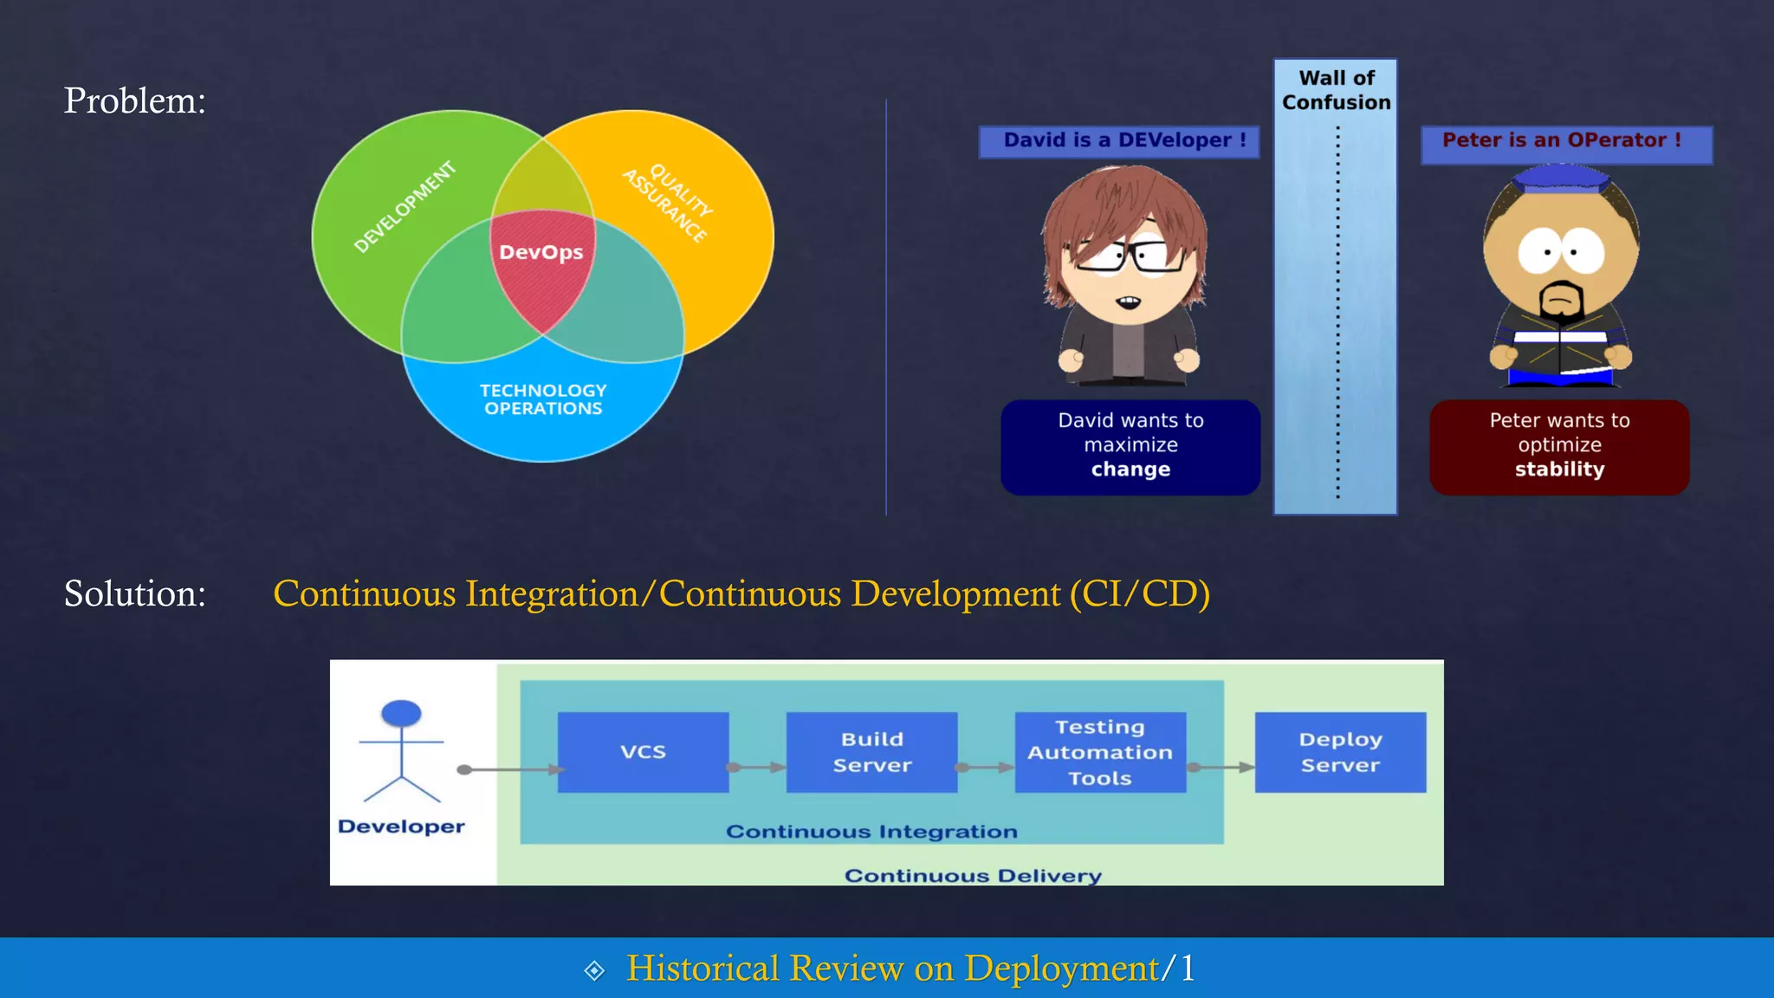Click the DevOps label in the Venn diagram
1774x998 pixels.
[x=541, y=252]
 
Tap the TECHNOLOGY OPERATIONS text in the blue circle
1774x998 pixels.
[x=543, y=399]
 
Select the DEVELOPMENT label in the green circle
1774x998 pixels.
[x=405, y=206]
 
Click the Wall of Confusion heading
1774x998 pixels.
[x=1336, y=90]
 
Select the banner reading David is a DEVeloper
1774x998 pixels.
[x=1119, y=141]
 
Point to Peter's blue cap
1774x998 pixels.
[x=1561, y=178]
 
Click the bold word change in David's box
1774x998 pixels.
[x=1130, y=470]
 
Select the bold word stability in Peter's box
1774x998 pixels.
[x=1559, y=470]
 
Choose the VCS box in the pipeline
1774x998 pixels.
[x=643, y=752]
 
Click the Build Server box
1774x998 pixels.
[x=871, y=752]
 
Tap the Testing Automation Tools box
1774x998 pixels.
[x=1100, y=752]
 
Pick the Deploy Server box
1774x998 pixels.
[x=1340, y=752]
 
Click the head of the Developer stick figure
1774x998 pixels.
[x=401, y=713]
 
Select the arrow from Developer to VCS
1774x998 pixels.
[x=511, y=769]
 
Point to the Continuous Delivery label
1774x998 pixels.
[x=973, y=875]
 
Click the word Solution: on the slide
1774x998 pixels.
[x=135, y=593]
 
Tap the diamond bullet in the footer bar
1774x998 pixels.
[x=594, y=970]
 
